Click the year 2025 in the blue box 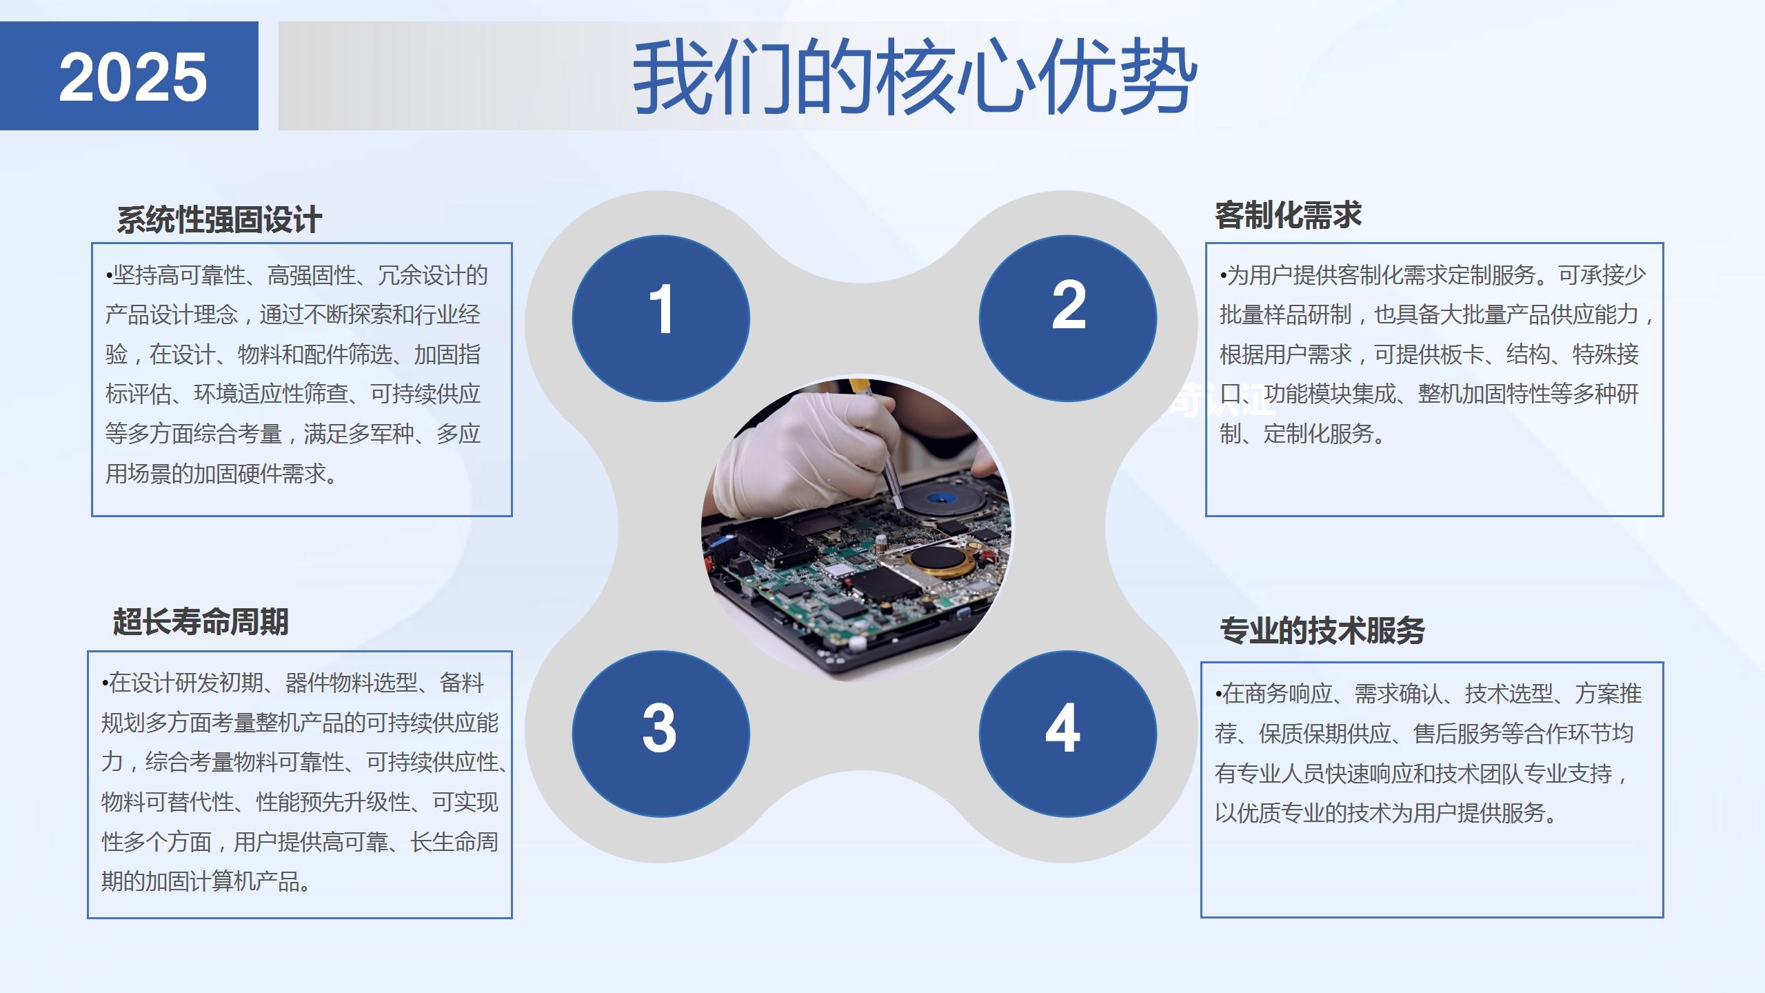point(133,77)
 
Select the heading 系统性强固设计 point(219,220)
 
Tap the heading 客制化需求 point(1288,215)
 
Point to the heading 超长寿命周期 point(201,621)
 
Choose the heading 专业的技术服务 point(1322,630)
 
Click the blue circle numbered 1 point(660,319)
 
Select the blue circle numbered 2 point(1068,319)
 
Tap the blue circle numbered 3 point(660,734)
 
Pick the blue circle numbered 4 point(1068,734)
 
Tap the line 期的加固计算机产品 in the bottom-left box point(206,881)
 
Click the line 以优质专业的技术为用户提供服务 point(1386,813)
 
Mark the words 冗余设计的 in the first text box point(432,275)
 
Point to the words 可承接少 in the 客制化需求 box point(1602,275)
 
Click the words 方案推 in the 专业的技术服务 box point(1608,694)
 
